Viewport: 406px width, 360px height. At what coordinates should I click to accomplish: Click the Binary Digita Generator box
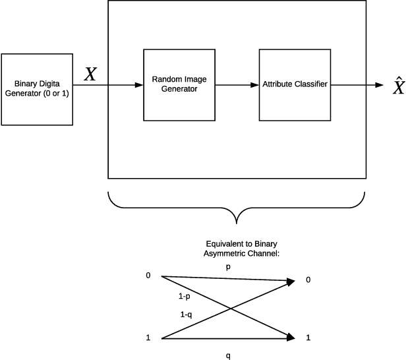tap(37, 89)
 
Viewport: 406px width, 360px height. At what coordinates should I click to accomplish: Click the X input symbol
tap(90, 74)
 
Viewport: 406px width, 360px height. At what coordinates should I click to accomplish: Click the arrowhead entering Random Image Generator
tap(139, 84)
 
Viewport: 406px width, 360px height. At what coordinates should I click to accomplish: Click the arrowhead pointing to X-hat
tap(379, 84)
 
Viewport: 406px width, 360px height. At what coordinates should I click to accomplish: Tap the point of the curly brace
tap(237, 222)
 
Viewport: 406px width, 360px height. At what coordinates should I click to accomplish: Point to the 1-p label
tap(185, 297)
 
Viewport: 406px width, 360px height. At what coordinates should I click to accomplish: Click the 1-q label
tap(187, 315)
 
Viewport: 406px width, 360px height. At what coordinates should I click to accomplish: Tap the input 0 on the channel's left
tap(148, 275)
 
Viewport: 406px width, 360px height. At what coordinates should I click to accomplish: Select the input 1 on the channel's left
tap(148, 338)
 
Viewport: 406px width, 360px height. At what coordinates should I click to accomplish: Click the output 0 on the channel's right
tap(308, 280)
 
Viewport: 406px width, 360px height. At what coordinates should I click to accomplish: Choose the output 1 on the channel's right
tap(308, 338)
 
